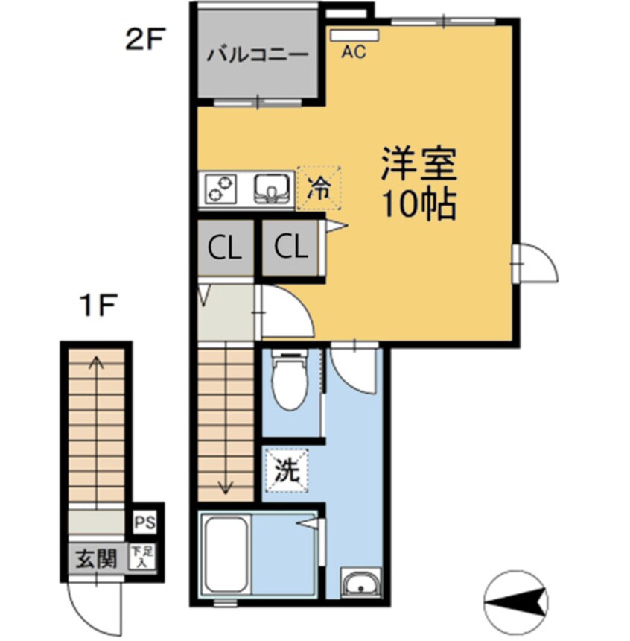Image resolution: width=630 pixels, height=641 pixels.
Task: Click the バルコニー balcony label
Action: click(x=258, y=54)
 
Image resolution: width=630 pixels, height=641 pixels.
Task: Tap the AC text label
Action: click(x=354, y=52)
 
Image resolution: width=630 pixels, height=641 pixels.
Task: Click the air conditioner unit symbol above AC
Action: click(x=355, y=34)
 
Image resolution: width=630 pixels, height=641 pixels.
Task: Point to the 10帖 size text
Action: click(x=418, y=205)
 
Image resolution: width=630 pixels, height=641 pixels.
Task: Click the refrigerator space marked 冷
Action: click(x=319, y=186)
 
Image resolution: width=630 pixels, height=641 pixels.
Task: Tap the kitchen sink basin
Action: click(x=273, y=188)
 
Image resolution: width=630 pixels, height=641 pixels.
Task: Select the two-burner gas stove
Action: click(x=222, y=187)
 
